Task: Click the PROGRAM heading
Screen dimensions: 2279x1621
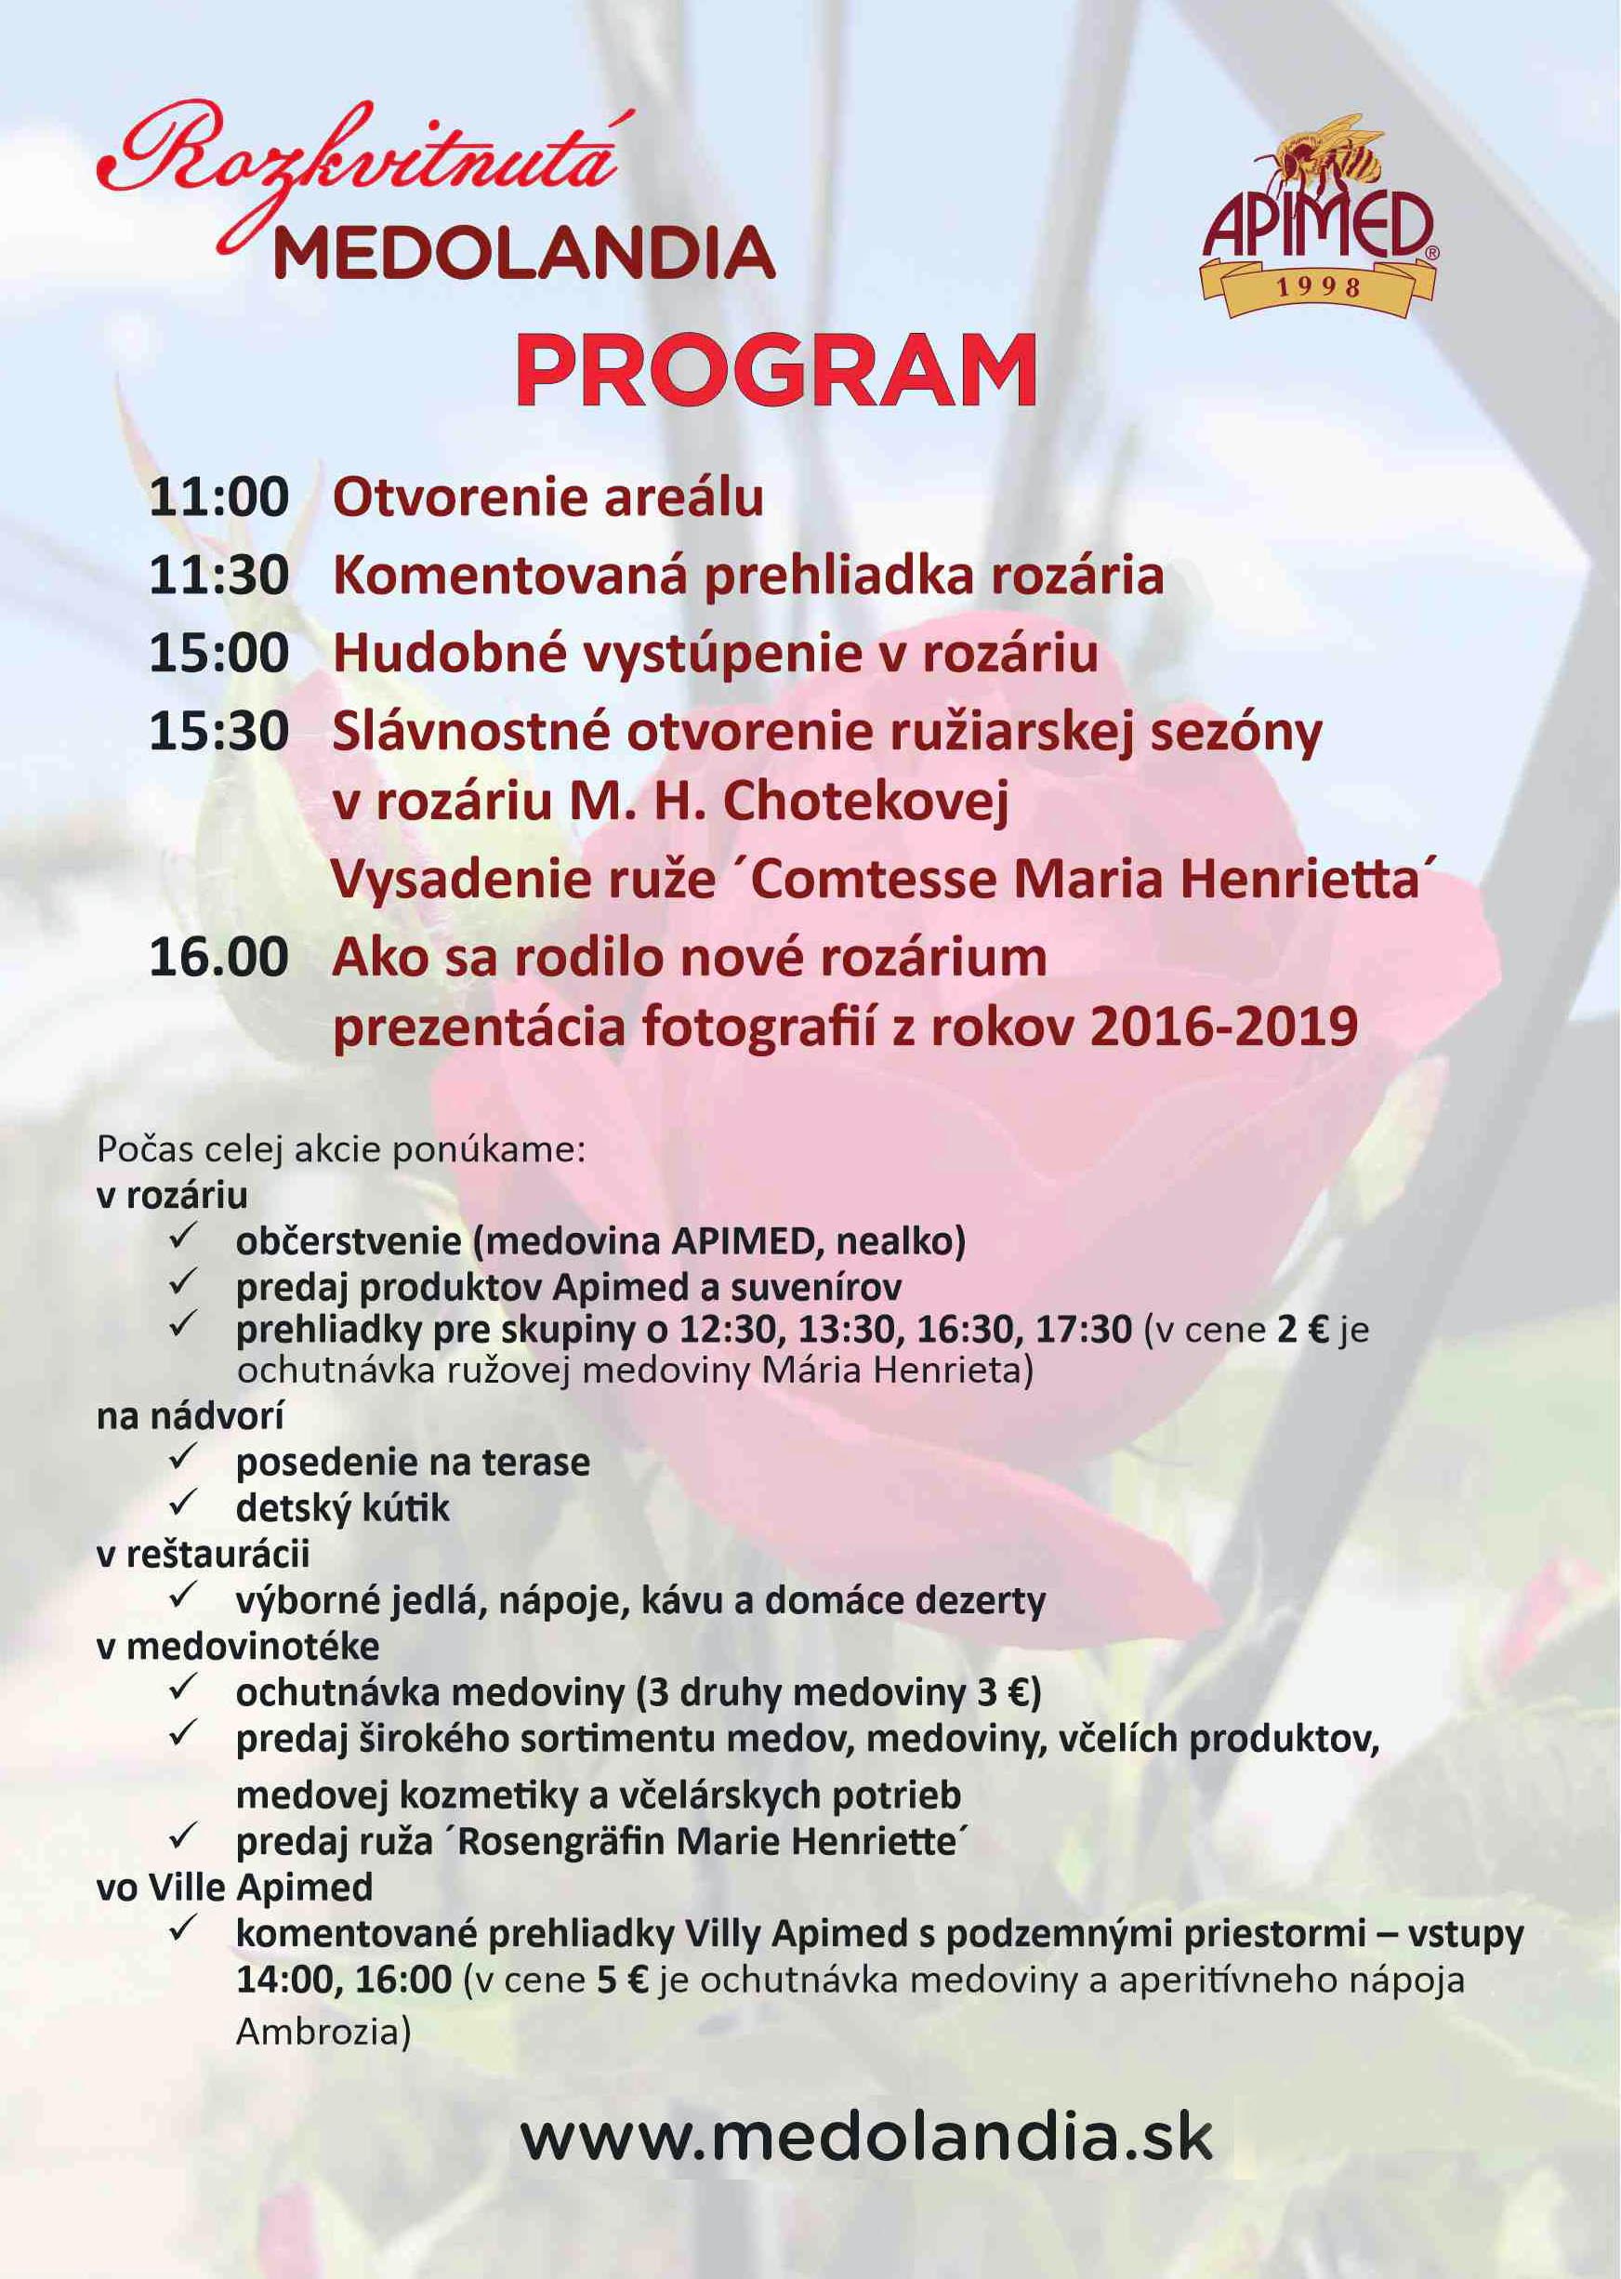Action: (775, 370)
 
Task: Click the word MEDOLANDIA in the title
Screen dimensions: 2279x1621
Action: (524, 254)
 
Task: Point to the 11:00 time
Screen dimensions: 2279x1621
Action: (218, 498)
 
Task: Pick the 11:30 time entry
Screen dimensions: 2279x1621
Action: (218, 576)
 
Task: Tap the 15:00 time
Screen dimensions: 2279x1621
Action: (218, 654)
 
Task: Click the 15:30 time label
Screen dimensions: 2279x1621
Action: (218, 732)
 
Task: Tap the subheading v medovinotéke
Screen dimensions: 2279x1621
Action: (238, 1646)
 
